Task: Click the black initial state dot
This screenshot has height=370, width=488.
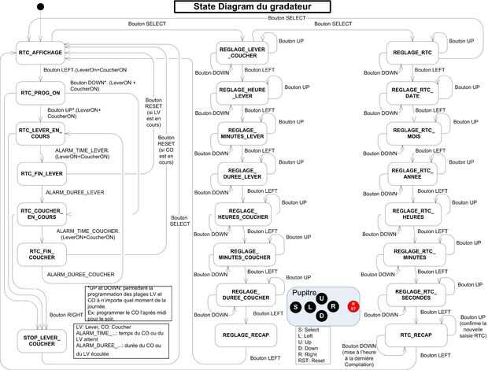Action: (x=41, y=8)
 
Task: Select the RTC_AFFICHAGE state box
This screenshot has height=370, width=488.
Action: (x=40, y=52)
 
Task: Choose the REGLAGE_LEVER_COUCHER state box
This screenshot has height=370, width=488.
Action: (x=245, y=54)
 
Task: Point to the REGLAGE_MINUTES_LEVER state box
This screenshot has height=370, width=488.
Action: (x=245, y=132)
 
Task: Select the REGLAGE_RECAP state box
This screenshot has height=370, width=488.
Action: (x=245, y=335)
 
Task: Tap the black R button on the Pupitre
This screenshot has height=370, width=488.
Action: (x=333, y=305)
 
